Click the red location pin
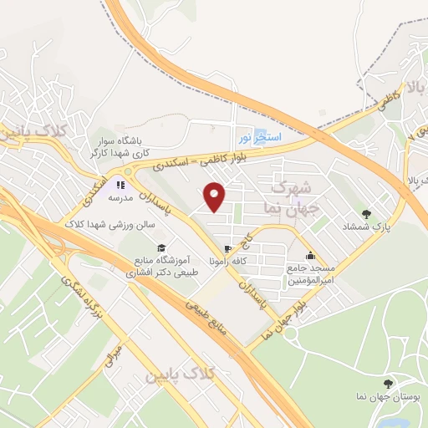(215, 196)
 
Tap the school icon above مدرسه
(120, 185)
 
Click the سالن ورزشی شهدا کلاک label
(113, 221)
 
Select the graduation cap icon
(160, 248)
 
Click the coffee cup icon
(227, 249)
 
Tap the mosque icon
(312, 256)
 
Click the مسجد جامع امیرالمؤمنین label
(312, 275)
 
